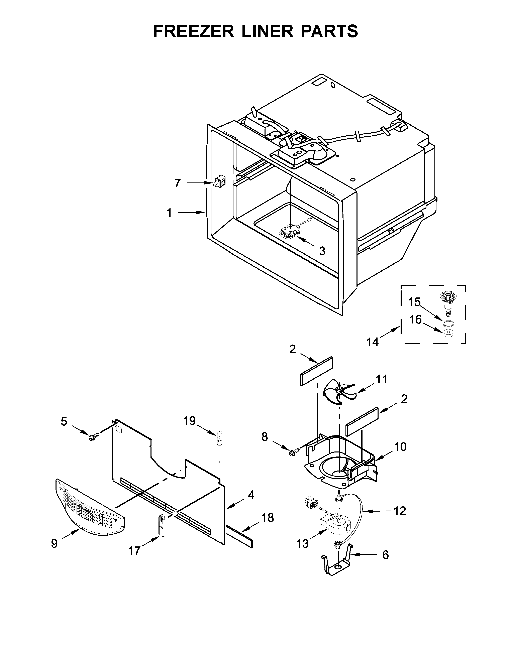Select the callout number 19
coord(190,421)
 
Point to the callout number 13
coord(302,544)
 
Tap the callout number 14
coord(373,342)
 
